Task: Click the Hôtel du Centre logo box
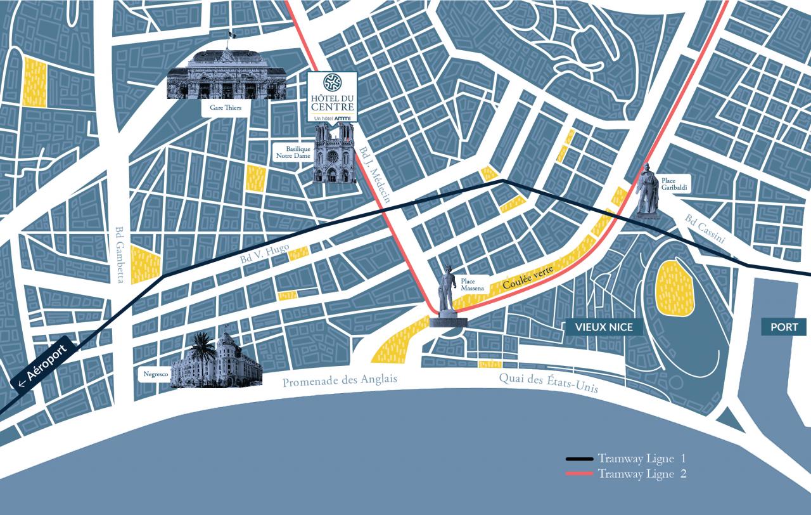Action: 332,96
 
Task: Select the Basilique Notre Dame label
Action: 293,152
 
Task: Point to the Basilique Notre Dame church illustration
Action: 335,153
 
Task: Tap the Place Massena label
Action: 472,284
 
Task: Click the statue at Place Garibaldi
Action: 647,191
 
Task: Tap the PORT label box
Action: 784,327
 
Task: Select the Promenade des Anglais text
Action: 340,381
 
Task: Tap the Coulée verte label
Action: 528,278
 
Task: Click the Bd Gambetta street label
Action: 120,255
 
